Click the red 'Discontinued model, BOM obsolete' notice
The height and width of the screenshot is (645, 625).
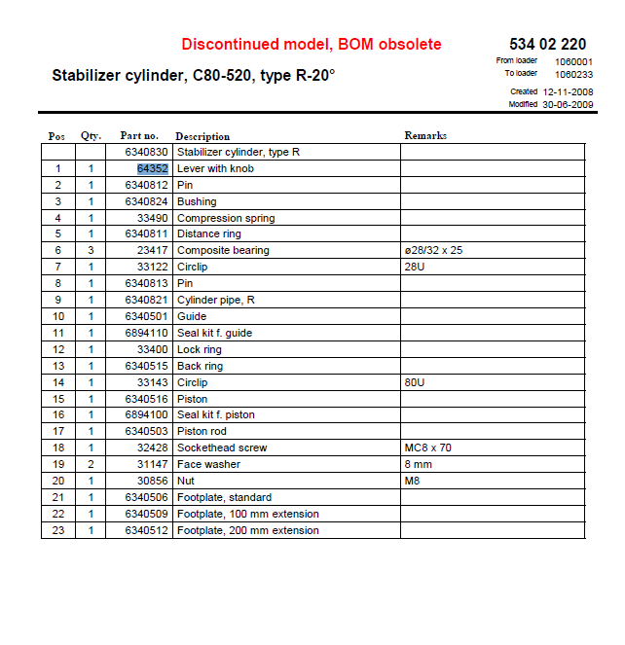pos(311,45)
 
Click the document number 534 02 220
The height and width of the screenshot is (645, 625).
pos(547,44)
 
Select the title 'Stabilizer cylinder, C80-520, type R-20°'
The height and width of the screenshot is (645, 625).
pos(193,75)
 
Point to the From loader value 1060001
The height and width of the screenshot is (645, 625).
pos(574,60)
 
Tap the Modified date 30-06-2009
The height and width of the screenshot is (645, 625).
pos(569,104)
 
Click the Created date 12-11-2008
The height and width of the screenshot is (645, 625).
pos(569,91)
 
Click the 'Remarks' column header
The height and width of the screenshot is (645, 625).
pos(425,136)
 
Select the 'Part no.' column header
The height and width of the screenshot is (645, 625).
pos(138,136)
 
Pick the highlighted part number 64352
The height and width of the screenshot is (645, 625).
pos(153,168)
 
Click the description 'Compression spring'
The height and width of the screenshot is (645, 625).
pos(226,218)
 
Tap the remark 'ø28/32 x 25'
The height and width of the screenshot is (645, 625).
pos(432,251)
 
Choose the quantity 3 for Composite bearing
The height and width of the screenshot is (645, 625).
pos(91,251)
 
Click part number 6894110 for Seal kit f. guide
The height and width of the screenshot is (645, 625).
pos(146,333)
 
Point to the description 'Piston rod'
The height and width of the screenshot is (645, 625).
pos(203,431)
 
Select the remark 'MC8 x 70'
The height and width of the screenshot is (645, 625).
pos(427,448)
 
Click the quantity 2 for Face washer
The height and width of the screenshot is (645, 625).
pos(91,464)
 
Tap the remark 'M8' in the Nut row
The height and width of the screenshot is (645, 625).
pos(411,481)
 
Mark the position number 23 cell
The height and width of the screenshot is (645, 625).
pos(58,530)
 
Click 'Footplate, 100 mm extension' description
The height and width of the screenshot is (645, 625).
pos(247,514)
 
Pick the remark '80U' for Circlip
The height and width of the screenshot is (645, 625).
pos(414,382)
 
